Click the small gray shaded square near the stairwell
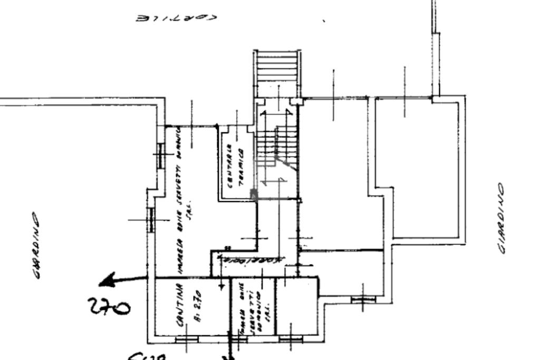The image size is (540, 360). click(253, 194)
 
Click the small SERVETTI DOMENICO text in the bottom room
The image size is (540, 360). click(255, 307)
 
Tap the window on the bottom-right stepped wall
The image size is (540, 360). click(363, 299)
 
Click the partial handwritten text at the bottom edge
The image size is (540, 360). click(145, 356)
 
